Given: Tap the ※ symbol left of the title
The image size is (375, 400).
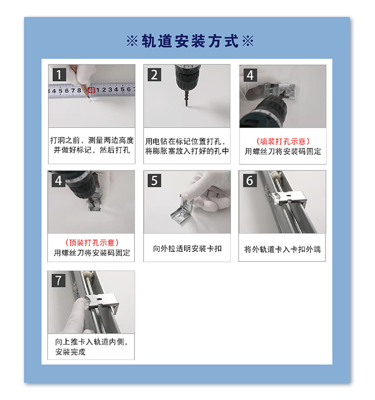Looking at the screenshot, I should tap(132, 41).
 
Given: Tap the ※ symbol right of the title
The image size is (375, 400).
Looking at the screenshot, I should tap(247, 41).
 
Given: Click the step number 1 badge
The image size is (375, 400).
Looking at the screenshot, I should tap(58, 75).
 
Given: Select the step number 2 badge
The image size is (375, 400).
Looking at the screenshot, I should tap(154, 75).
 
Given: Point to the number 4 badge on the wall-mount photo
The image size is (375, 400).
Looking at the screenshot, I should tap(249, 75).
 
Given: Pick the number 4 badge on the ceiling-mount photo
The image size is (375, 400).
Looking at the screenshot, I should tap(58, 180).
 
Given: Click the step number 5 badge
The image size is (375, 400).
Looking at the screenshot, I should tap(154, 180).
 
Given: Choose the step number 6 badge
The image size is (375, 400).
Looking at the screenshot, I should tap(249, 180).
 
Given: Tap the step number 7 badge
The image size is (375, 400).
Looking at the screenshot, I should tap(58, 280).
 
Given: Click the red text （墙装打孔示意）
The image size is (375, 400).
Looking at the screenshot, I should tap(282, 141).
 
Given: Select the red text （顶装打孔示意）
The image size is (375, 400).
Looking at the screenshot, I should tap(92, 242).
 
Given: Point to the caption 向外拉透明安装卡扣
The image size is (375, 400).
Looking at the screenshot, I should tap(187, 248).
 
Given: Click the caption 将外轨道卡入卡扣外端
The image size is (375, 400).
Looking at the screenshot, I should tap(282, 248).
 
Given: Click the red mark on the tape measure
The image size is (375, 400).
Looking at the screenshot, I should tap(91, 90).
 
